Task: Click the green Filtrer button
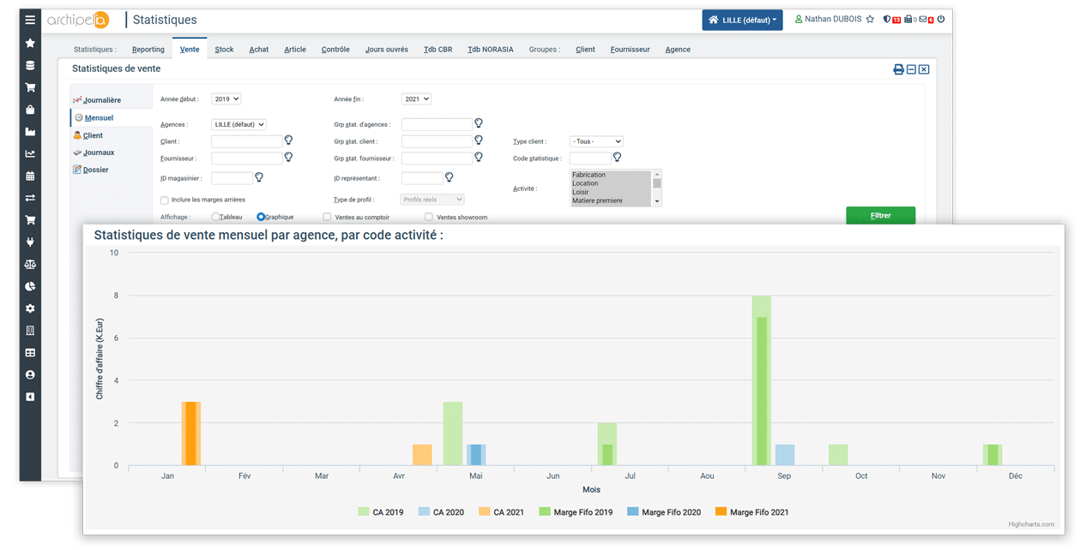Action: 880,215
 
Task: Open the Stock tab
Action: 224,50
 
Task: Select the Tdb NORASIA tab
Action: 491,50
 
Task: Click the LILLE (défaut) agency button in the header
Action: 742,20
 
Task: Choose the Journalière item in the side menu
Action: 101,100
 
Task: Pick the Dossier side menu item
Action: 95,170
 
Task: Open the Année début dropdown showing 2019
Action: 226,99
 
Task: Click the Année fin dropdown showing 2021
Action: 416,99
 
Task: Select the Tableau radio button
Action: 216,218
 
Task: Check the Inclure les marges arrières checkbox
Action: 165,200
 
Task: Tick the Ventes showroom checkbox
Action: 429,218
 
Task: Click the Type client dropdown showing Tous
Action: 595,141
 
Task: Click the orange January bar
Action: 190,433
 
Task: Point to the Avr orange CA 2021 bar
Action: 422,455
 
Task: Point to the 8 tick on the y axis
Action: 115,296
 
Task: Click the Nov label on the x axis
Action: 938,476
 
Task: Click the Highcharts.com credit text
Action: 1031,524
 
